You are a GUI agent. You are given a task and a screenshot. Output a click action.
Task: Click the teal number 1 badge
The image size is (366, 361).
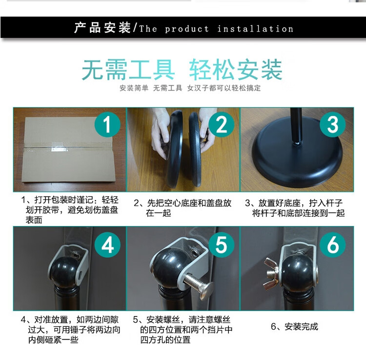[x=107, y=124]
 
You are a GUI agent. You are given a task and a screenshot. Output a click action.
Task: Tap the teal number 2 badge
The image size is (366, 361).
[x=221, y=124]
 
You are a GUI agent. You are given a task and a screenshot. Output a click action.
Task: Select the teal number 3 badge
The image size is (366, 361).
[x=333, y=124]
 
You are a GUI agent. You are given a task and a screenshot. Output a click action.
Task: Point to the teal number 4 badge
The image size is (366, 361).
[x=107, y=245]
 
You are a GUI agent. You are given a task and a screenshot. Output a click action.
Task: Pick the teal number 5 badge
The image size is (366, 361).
[x=221, y=245]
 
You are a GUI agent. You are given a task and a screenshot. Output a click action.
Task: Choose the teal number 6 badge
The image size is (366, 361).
[x=333, y=245]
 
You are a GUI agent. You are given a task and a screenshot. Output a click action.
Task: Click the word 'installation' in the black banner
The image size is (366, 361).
[x=255, y=29]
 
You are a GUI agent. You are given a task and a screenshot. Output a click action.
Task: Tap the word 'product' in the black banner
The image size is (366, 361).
[x=186, y=29]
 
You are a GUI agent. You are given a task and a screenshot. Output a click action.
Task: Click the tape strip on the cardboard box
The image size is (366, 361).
[x=60, y=148]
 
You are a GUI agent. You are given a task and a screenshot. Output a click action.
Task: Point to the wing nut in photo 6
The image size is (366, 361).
[x=272, y=272]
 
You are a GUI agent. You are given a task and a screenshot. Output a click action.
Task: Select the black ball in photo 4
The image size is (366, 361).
[x=65, y=272]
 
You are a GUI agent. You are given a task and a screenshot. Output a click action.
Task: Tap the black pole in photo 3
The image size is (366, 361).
[x=296, y=126]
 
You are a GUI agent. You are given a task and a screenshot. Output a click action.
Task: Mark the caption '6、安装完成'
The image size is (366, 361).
[x=294, y=326]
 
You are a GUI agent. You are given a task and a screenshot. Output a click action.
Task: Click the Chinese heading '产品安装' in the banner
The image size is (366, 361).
[x=102, y=28]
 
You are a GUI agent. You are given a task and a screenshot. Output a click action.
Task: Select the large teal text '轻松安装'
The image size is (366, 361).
[x=235, y=70]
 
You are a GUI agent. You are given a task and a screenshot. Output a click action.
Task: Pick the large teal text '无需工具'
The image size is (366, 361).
[x=128, y=70]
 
